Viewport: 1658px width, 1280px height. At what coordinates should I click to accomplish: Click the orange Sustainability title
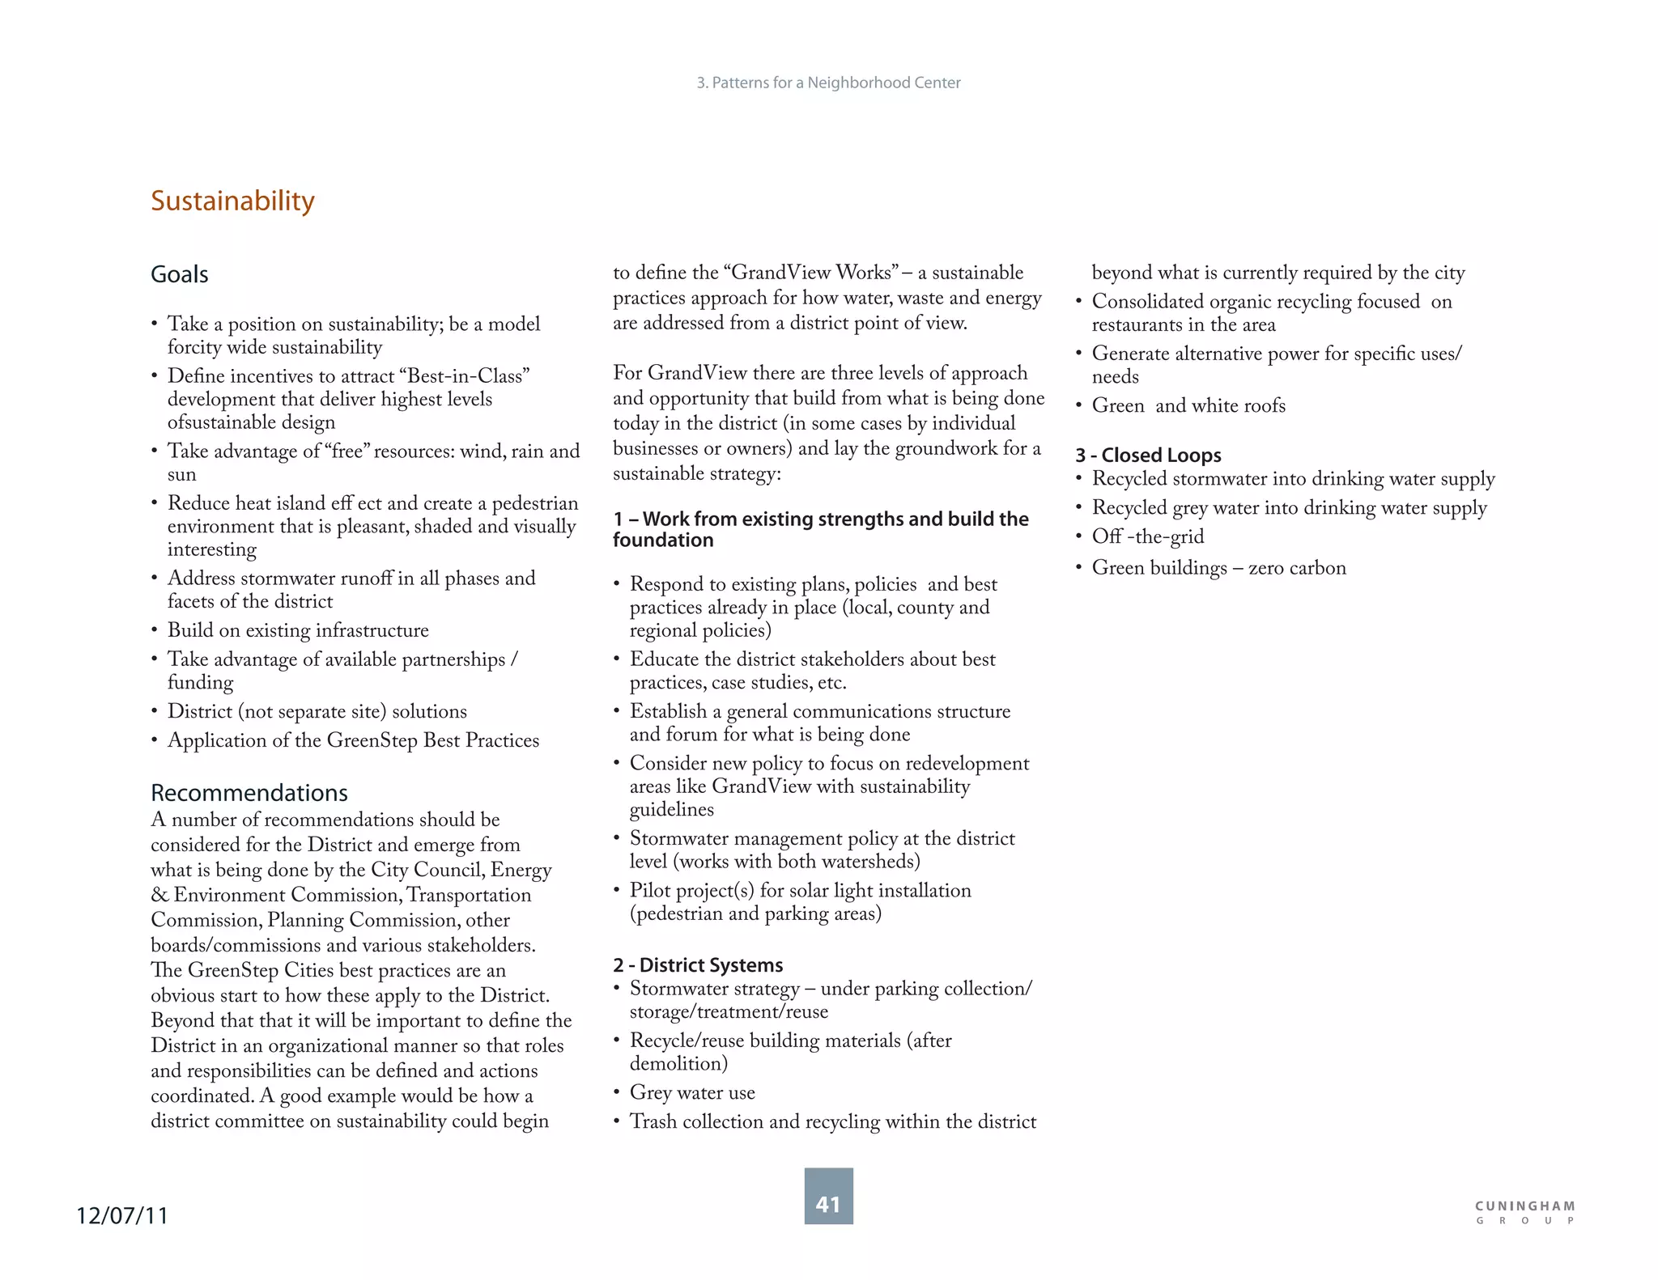click(x=232, y=201)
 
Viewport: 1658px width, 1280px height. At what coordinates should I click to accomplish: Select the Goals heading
click(x=180, y=275)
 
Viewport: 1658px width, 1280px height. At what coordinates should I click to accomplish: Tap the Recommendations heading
click(x=249, y=793)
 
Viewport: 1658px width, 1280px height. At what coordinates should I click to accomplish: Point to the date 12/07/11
click(x=122, y=1215)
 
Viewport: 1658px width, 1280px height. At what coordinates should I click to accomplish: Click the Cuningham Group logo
click(x=1524, y=1212)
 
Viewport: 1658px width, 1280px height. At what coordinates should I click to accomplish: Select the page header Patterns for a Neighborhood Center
click(x=828, y=83)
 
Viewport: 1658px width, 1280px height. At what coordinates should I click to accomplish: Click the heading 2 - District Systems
click(x=698, y=965)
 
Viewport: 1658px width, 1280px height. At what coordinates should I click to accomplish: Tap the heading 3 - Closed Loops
click(x=1148, y=456)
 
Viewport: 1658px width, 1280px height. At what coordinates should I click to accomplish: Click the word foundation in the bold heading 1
click(x=663, y=540)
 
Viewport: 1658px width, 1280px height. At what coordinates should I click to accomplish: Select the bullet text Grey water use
click(x=692, y=1093)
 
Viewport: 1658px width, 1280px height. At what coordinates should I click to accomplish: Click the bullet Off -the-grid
click(x=1147, y=537)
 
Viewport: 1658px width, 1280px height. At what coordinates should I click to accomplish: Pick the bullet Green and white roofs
click(x=1188, y=406)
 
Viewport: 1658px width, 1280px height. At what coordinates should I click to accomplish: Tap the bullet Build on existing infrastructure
click(x=298, y=630)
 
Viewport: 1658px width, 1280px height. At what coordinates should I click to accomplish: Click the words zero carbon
click(x=1297, y=568)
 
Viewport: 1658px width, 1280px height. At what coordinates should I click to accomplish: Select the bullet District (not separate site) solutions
click(x=317, y=711)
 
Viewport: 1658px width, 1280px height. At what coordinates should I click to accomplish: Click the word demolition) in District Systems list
click(x=678, y=1064)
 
